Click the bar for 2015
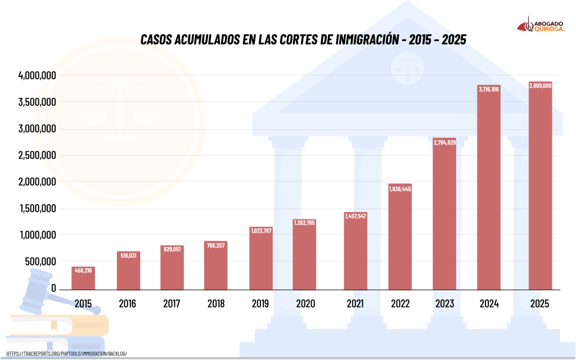pyautogui.click(x=83, y=278)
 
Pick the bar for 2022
pyautogui.click(x=400, y=237)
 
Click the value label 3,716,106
pyautogui.click(x=489, y=89)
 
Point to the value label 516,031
pyautogui.click(x=128, y=255)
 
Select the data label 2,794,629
pyautogui.click(x=444, y=142)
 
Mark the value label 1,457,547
pyautogui.click(x=355, y=216)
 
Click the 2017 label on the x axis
pyautogui.click(x=172, y=304)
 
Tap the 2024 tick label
pyautogui.click(x=489, y=304)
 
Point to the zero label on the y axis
pyautogui.click(x=53, y=288)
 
